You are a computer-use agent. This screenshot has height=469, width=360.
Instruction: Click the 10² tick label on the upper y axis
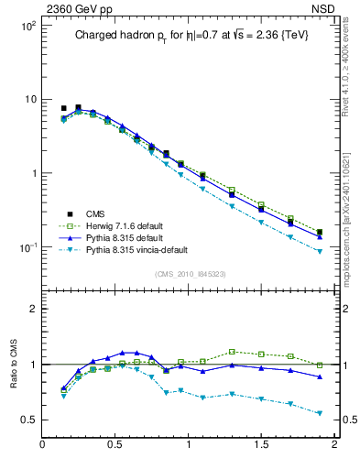tap(27, 26)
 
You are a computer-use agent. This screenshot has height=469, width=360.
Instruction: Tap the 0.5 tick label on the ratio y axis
tap(27, 420)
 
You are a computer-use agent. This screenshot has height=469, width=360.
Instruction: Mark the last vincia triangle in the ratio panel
tap(320, 414)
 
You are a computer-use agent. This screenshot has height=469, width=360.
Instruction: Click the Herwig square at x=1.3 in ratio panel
tap(233, 351)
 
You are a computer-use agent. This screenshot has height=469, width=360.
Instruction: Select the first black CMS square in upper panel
tap(63, 108)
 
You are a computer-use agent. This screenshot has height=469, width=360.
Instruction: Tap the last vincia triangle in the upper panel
tap(320, 251)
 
